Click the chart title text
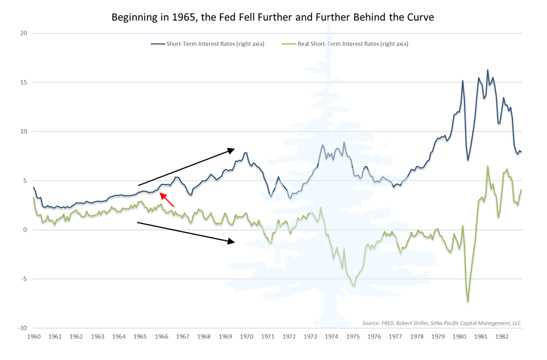pos(273,17)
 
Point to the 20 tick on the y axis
pos(24,33)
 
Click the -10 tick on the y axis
pos(22,328)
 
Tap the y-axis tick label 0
pos(26,230)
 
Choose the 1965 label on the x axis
pos(140,336)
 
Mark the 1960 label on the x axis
pos(34,336)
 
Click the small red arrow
pos(167,199)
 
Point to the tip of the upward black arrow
pos(234,150)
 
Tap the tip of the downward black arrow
pos(234,241)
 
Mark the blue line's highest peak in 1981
pos(488,70)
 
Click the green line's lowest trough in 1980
pos(468,302)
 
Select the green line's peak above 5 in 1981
pos(488,166)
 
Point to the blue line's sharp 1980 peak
pos(462,81)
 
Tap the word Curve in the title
pos(419,17)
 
